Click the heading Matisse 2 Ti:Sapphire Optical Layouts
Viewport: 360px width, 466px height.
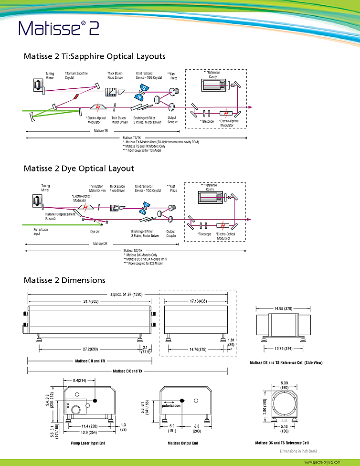(x=95, y=56)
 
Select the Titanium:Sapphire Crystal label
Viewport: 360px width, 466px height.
(x=76, y=75)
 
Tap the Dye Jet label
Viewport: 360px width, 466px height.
(x=95, y=232)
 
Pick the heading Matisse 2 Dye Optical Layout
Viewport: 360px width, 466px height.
(x=79, y=169)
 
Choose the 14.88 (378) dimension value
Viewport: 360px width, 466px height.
(x=281, y=307)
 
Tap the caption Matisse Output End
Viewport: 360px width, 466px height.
(x=183, y=443)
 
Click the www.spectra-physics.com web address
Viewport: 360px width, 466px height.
(x=322, y=462)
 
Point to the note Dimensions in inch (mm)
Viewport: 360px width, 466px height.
(x=298, y=451)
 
